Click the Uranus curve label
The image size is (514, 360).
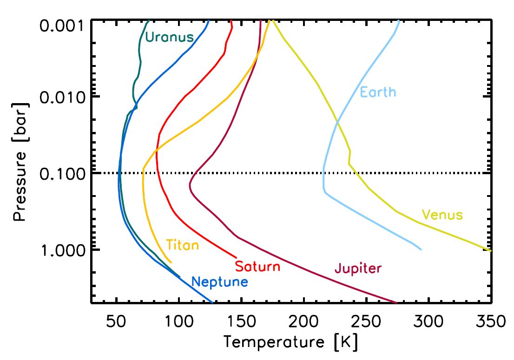pyautogui.click(x=169, y=37)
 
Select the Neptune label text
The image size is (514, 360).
pyautogui.click(x=219, y=281)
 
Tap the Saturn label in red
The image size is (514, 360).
pyautogui.click(x=257, y=267)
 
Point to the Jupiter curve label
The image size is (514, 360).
pyautogui.click(x=358, y=268)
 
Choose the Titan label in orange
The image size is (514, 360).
pyautogui.click(x=182, y=245)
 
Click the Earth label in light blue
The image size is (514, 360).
pyautogui.click(x=378, y=92)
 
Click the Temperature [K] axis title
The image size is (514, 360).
pyautogui.click(x=291, y=343)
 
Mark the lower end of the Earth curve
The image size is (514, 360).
pyautogui.click(x=421, y=249)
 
